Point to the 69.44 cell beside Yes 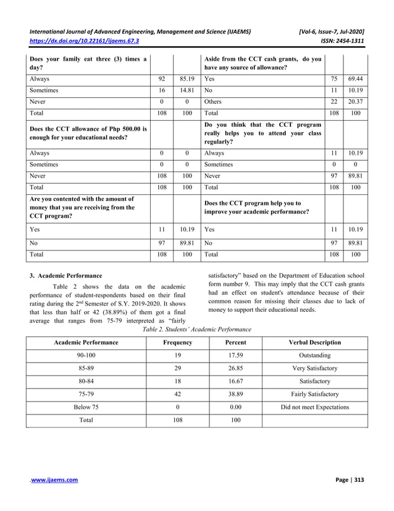pyautogui.click(x=354, y=80)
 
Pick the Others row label pyautogui.click(x=213, y=101)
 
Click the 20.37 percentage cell pyautogui.click(x=354, y=101)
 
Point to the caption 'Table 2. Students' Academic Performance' pyautogui.click(x=197, y=330)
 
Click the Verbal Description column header pyautogui.click(x=314, y=342)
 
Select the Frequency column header pyautogui.click(x=177, y=342)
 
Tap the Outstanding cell pyautogui.click(x=314, y=356)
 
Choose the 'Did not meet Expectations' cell pyautogui.click(x=314, y=406)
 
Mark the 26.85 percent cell pyautogui.click(x=236, y=369)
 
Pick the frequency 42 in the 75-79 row pyautogui.click(x=177, y=394)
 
